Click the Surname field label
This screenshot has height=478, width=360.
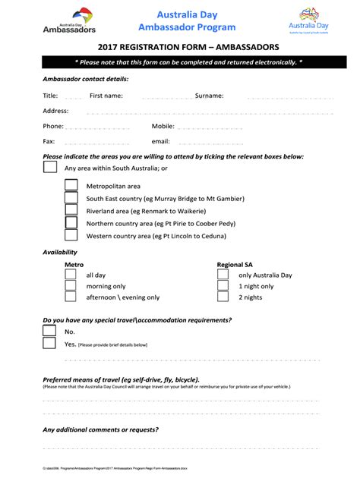(x=209, y=96)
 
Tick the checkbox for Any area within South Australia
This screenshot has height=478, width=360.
(x=49, y=168)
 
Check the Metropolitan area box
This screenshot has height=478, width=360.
(x=71, y=185)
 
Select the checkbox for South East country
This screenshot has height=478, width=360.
(x=71, y=198)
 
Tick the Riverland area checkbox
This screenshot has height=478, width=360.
(x=71, y=211)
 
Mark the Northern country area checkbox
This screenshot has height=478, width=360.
(x=71, y=224)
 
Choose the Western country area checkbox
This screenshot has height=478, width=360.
(x=71, y=237)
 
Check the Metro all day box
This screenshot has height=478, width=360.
(x=71, y=275)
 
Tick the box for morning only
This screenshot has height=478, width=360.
(x=71, y=286)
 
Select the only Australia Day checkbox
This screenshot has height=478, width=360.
(x=223, y=275)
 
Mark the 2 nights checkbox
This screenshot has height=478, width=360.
(x=223, y=297)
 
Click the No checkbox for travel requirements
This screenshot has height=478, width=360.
(x=49, y=331)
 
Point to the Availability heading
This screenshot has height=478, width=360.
(x=60, y=252)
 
